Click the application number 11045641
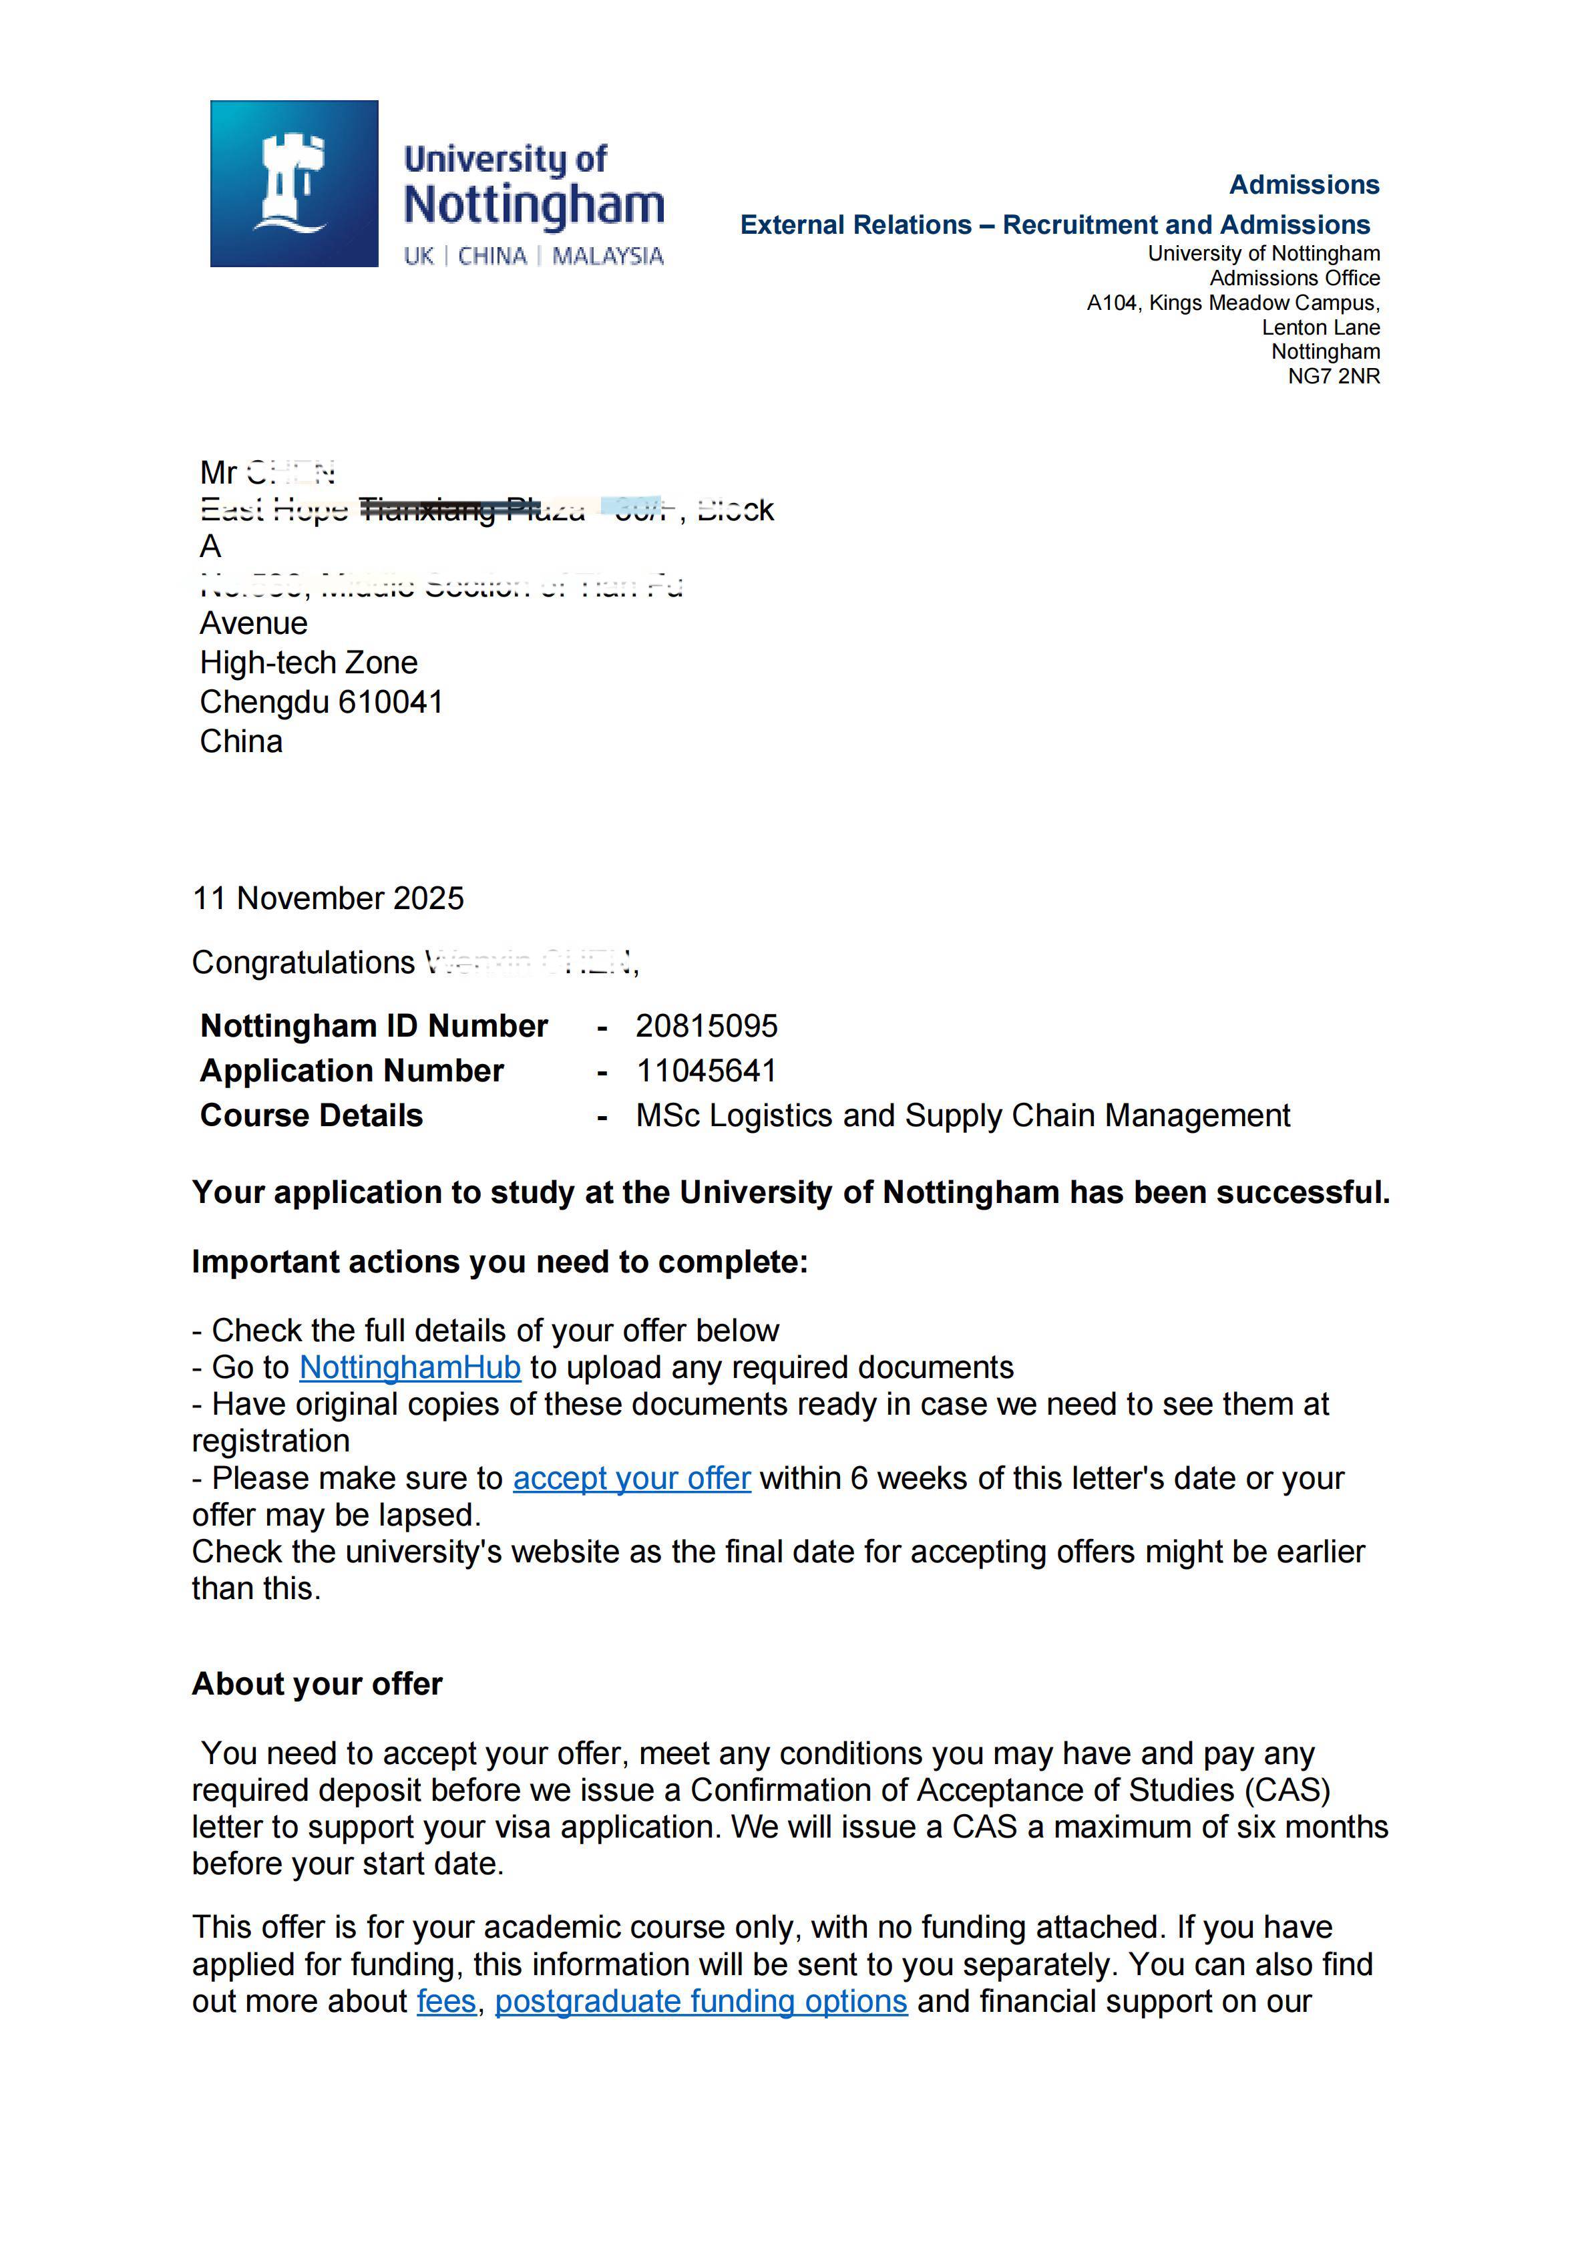[706, 1071]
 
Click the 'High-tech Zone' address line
[309, 663]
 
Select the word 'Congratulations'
[304, 963]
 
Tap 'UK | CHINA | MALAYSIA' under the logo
[534, 256]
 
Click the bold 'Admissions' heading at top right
[1304, 184]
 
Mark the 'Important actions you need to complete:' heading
[500, 1262]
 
